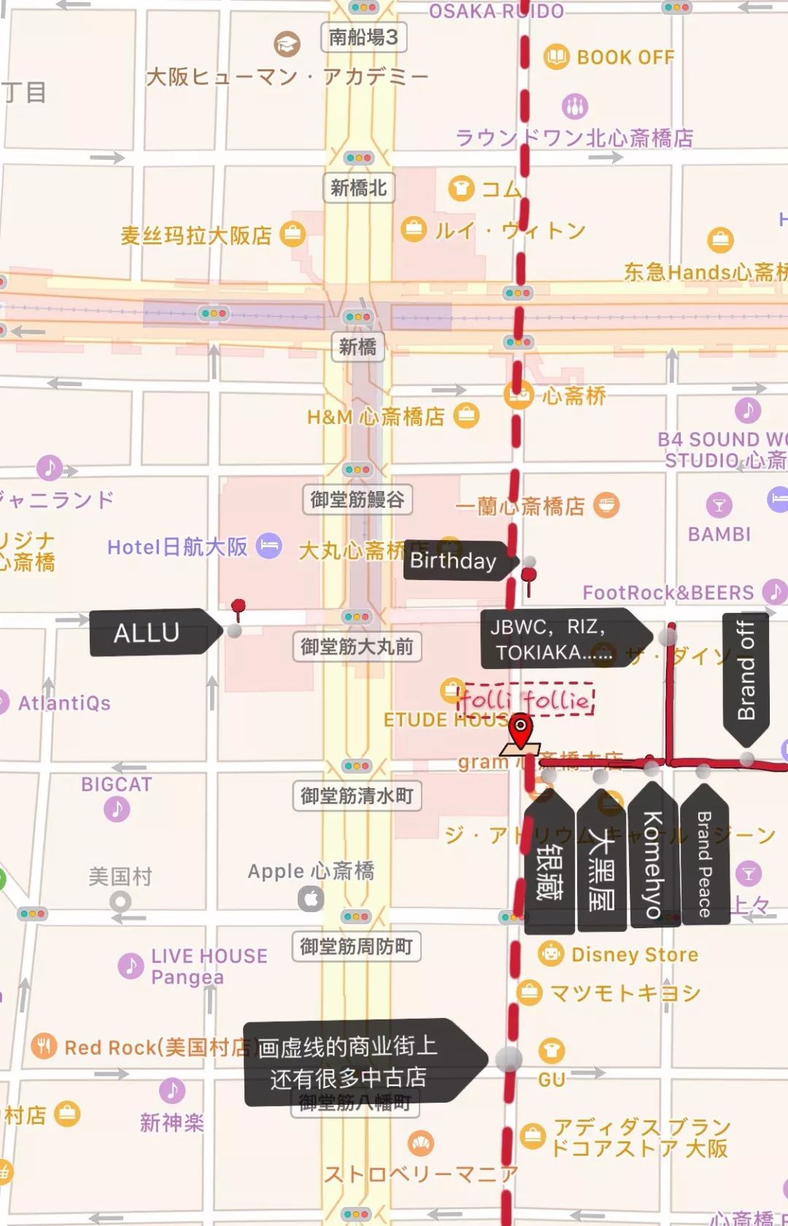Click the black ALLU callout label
point(150,632)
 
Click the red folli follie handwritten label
point(525,701)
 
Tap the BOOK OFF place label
point(625,57)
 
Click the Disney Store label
point(634,955)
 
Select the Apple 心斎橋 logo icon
point(311,898)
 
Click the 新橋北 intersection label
point(358,188)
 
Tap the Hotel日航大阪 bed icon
point(269,546)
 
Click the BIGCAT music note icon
point(117,809)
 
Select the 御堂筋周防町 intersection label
point(357,947)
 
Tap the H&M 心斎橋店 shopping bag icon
point(466,416)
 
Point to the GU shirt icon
point(551,1051)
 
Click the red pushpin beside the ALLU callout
point(238,607)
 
